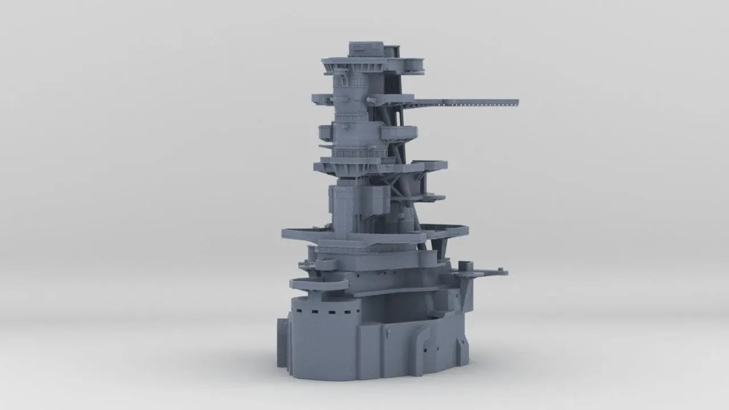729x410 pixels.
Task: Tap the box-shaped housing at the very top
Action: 366,48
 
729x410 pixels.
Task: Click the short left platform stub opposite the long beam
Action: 321,97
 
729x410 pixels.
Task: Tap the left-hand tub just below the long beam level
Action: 326,133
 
